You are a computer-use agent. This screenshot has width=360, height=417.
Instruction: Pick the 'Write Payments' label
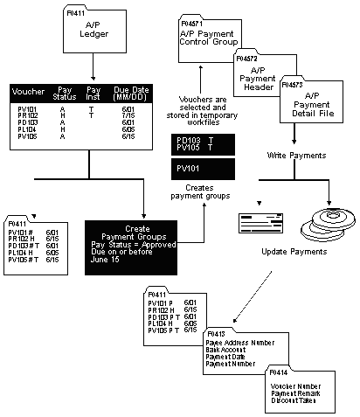pyautogui.click(x=296, y=156)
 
